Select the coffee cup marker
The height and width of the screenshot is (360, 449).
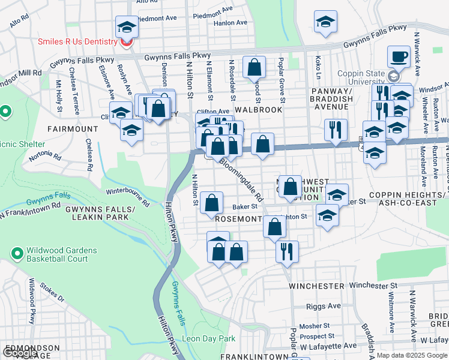point(399,58)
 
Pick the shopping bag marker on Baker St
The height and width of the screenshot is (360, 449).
point(211,203)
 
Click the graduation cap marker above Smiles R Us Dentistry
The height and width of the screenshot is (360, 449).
point(127,27)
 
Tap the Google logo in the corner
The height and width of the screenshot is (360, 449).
point(20,353)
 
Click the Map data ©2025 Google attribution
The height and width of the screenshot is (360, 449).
point(411,355)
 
